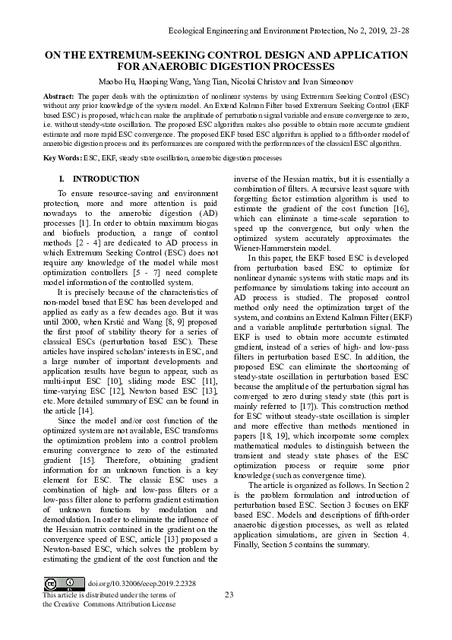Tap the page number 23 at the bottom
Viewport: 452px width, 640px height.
(228, 595)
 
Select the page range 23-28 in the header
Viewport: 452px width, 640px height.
(398, 30)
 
